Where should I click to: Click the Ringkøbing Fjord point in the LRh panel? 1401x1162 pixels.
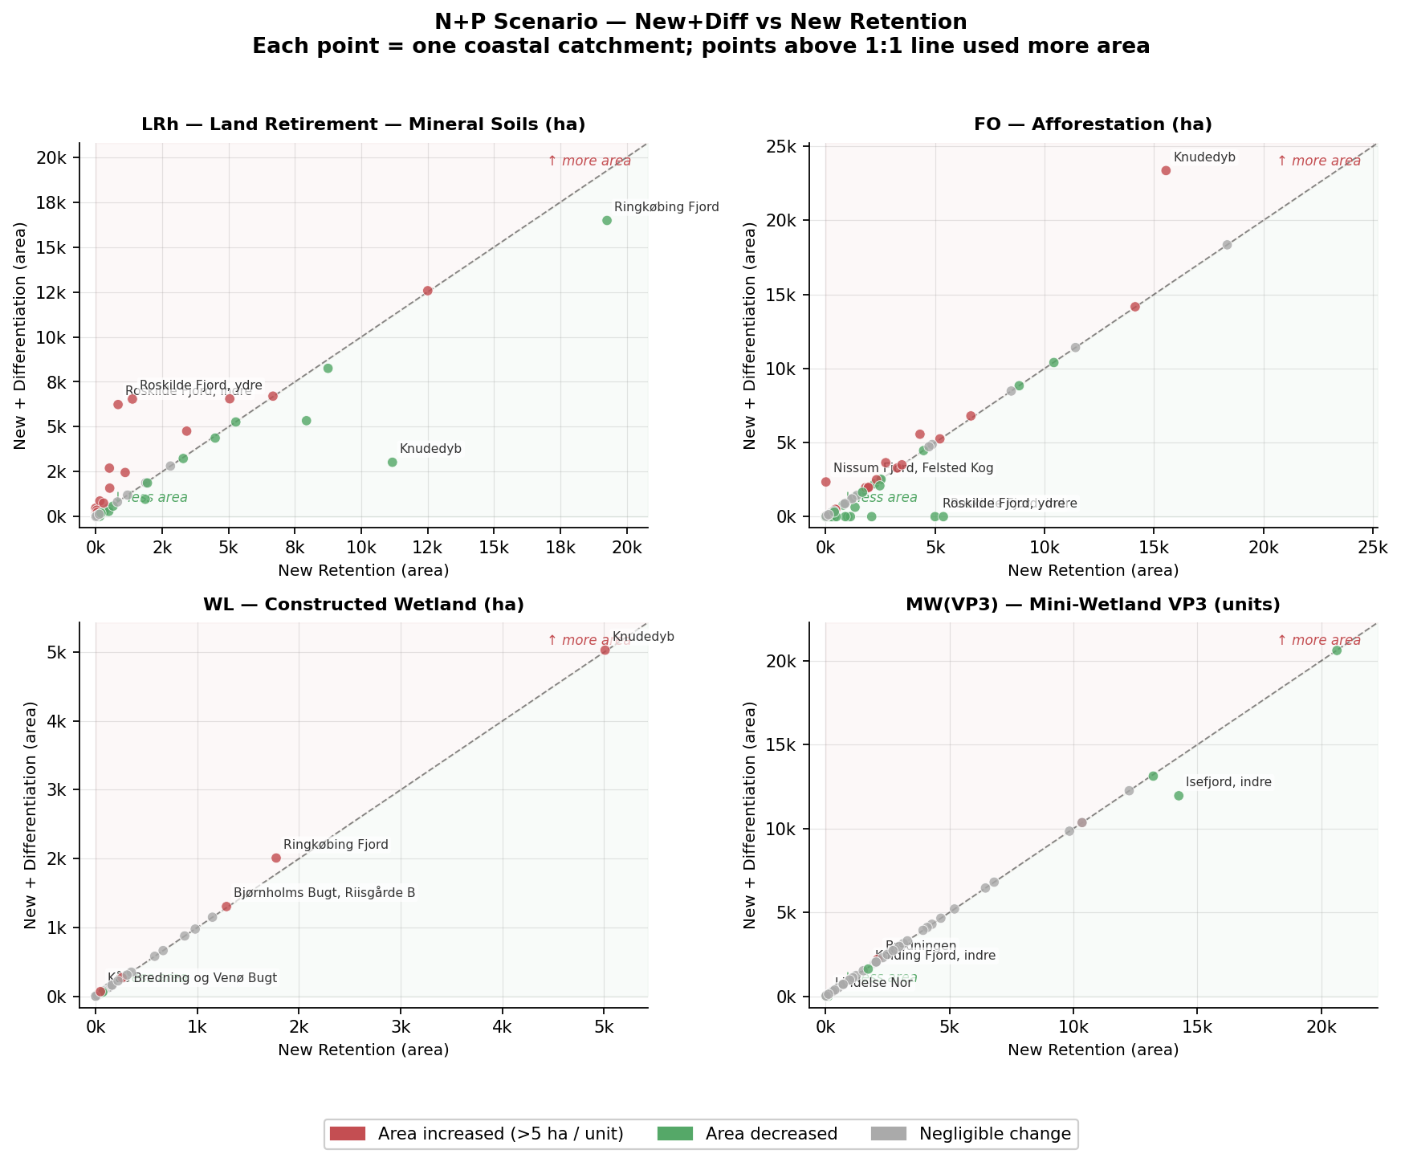[x=607, y=220]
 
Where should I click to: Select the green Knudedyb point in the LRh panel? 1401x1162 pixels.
[x=392, y=462]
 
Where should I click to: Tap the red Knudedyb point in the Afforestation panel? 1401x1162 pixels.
[x=1166, y=170]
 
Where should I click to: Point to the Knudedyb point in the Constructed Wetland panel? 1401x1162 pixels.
[x=605, y=650]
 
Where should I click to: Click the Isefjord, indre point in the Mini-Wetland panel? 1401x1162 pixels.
[x=1179, y=796]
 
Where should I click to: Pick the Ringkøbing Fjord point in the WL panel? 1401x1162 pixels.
[x=276, y=858]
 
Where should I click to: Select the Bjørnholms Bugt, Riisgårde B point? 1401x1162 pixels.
[x=226, y=907]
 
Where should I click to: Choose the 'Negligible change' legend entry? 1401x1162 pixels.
[x=994, y=1134]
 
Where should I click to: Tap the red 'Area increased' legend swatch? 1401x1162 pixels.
[x=348, y=1134]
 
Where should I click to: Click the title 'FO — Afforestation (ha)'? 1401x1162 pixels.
[x=1093, y=124]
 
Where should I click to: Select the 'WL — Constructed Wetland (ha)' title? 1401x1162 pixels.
[x=363, y=605]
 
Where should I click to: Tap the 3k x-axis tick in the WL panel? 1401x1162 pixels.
[x=401, y=1027]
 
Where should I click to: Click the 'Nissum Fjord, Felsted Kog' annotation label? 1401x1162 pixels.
[x=913, y=468]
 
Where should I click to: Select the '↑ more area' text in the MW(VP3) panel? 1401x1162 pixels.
[x=1318, y=641]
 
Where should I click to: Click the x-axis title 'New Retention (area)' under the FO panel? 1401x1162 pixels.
[x=1093, y=571]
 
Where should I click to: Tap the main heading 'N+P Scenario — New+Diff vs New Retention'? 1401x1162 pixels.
[x=700, y=22]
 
